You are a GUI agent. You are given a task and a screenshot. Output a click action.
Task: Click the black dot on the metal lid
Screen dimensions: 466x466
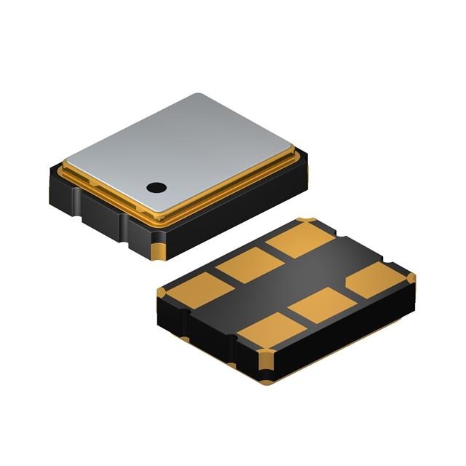tap(155, 187)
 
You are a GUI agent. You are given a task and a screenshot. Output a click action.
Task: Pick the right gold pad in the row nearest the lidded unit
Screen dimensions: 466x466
tap(299, 238)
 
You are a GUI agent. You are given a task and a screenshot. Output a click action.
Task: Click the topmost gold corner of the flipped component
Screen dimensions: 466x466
tap(307, 221)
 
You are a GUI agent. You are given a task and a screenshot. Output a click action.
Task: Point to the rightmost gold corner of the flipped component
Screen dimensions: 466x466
tap(411, 277)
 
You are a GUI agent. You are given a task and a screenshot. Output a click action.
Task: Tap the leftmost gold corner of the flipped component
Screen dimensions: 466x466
tap(162, 292)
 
